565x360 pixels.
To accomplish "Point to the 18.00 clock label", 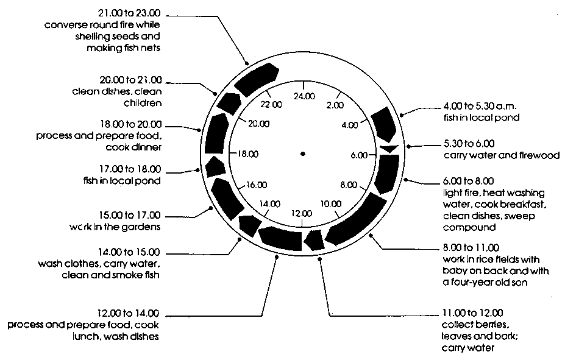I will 249,154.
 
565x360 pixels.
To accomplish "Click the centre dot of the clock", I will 302,154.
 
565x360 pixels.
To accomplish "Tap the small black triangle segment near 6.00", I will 388,148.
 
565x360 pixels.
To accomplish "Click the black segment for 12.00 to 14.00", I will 280,238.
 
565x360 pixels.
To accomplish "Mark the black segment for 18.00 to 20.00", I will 215,135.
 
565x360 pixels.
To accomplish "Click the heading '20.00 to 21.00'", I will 132,80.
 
